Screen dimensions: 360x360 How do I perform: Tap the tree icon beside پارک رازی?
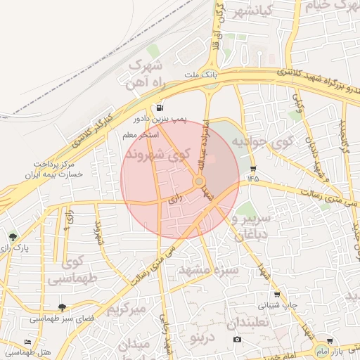(x=13, y=237)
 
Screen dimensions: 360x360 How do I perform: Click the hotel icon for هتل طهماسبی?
(x=27, y=342)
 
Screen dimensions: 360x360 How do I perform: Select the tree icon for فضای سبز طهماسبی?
(x=63, y=307)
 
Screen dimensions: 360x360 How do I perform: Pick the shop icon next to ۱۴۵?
(x=253, y=169)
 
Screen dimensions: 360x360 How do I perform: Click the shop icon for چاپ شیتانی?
(x=276, y=295)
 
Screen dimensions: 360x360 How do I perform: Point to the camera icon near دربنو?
(x=237, y=340)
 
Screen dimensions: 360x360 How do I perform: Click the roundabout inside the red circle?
(x=200, y=181)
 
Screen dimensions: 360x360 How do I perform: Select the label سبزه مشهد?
(x=209, y=270)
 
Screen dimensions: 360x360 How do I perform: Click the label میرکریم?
(x=127, y=308)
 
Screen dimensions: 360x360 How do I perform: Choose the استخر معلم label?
(x=141, y=134)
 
